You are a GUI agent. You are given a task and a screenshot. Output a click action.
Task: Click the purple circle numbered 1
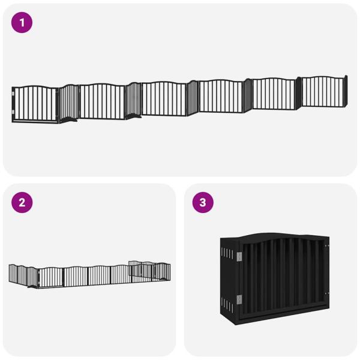pos(22,23)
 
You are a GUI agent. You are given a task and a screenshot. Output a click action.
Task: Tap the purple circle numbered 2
pos(22,203)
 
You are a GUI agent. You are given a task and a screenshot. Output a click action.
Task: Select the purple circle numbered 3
pos(203,203)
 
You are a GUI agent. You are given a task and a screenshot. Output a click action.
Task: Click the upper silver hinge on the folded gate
pos(239,257)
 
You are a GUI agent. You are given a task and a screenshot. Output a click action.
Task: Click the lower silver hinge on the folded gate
pos(239,299)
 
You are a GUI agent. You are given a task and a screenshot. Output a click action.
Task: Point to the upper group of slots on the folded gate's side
pos(227,253)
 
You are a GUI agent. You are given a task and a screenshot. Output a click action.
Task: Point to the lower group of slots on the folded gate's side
pos(227,304)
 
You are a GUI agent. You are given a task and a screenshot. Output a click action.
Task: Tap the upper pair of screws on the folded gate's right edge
pos(326,246)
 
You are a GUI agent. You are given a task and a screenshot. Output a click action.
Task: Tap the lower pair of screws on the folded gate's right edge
pos(326,293)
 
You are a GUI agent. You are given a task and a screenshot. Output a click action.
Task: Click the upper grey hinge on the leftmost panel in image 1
pos(13,94)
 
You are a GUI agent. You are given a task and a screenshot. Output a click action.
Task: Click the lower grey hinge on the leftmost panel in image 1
pos(13,112)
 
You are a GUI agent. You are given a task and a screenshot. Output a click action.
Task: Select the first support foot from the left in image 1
pos(70,119)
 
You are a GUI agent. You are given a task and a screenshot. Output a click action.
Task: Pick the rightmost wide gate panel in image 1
pos(322,92)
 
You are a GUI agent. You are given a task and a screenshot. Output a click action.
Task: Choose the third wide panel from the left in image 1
pos(164,99)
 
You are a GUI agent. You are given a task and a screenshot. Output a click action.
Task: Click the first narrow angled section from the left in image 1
pos(69,103)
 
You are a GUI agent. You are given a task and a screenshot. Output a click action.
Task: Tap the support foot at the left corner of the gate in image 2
pos(33,286)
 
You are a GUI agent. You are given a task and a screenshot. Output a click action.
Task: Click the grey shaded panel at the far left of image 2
pos(13,273)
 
